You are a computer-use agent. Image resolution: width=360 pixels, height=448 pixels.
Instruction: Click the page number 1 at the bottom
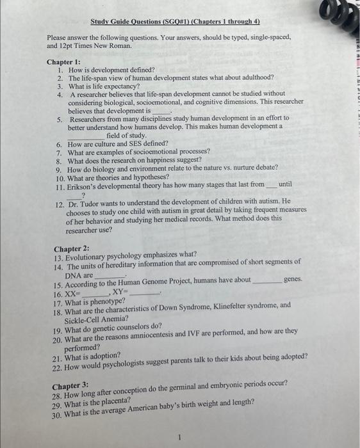click(181, 438)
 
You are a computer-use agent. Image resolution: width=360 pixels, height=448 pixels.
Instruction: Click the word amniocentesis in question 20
click(171, 332)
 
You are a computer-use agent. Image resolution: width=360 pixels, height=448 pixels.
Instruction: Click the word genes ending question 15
click(292, 280)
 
